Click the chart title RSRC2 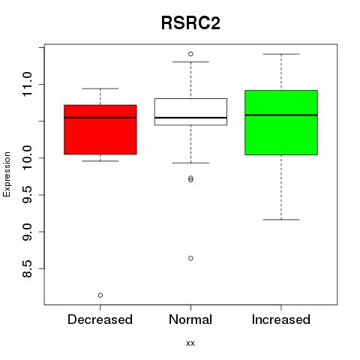coord(190,23)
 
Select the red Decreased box coord(100,130)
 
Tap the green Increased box coord(281,122)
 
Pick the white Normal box coord(190,112)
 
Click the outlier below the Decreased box coord(100,295)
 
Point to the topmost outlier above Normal coord(190,54)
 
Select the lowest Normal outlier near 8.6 coord(190,258)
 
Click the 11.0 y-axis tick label coord(27,84)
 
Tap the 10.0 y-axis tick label coord(27,158)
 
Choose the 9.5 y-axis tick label coord(27,195)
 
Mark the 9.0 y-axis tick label coord(27,232)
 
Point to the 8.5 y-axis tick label coord(27,268)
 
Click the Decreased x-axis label coord(100,319)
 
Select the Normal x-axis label coord(190,319)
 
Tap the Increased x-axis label coord(281,319)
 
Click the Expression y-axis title coord(7,174)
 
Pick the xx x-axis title coord(190,343)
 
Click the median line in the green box coord(281,115)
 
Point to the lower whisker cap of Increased coord(281,220)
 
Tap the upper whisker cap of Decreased coord(100,88)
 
